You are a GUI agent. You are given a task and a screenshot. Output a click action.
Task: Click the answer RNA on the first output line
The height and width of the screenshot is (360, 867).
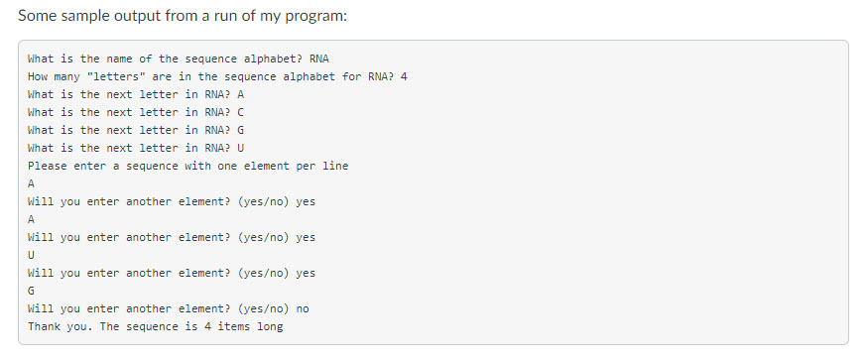(319, 59)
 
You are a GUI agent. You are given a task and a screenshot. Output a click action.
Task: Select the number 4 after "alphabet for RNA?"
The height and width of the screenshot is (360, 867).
(404, 76)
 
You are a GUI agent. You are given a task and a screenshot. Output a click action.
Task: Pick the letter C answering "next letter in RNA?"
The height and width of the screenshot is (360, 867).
(241, 112)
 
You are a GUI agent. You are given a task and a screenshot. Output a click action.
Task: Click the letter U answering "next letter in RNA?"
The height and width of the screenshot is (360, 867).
(241, 148)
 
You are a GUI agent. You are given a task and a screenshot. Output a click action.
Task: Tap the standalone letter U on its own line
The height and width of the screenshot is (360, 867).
(32, 255)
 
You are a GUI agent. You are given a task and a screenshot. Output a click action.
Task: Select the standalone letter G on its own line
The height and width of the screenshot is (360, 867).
(32, 291)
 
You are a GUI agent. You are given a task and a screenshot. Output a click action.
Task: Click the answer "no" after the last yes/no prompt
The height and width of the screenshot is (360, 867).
(303, 308)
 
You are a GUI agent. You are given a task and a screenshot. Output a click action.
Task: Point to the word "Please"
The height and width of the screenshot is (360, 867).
(46, 166)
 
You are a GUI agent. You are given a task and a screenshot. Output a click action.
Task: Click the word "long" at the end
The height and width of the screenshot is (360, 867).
(270, 326)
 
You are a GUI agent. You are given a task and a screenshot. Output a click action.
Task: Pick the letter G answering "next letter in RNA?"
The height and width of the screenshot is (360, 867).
(241, 130)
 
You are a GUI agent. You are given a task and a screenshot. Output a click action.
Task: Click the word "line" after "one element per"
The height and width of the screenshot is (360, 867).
(334, 166)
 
